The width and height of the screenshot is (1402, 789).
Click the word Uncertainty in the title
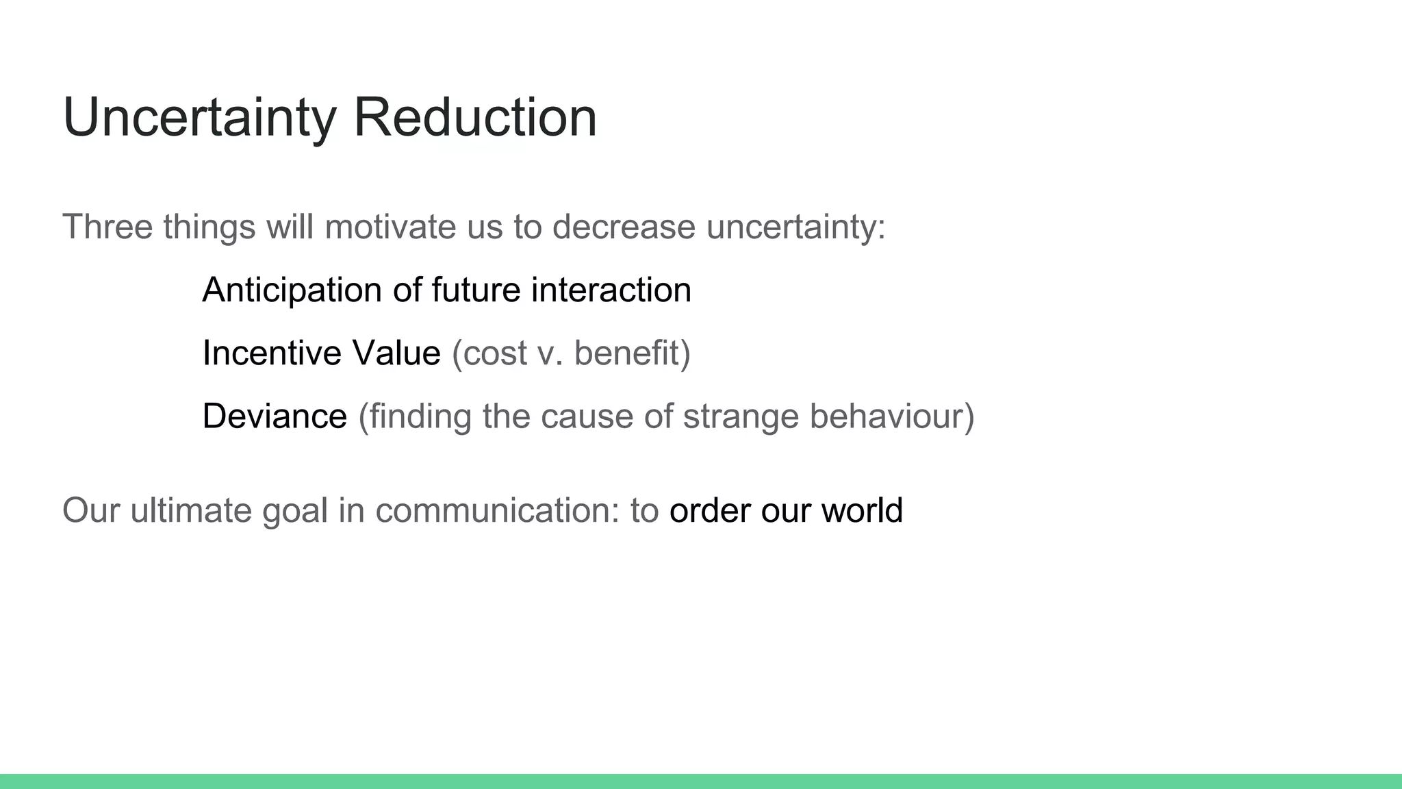[x=199, y=118]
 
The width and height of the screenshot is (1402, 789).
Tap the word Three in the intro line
[x=107, y=227]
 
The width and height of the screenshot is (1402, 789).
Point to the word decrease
[x=624, y=227]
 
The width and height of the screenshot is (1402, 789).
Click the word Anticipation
[x=292, y=290]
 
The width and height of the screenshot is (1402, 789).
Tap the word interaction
[x=611, y=290]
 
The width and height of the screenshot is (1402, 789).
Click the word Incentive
[x=272, y=353]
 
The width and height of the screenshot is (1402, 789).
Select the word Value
[x=396, y=353]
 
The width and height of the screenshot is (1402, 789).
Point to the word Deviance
[x=275, y=416]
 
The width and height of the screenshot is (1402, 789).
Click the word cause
[x=586, y=416]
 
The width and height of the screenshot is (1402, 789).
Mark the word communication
[x=496, y=511]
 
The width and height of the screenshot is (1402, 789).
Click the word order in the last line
[x=709, y=511]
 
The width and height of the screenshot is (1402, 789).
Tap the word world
[x=862, y=511]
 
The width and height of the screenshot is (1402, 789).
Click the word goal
[x=295, y=511]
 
